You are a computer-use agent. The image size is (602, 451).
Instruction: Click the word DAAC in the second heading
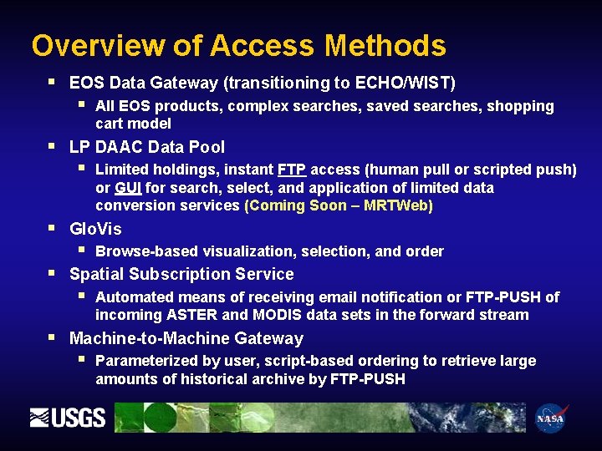tap(119, 147)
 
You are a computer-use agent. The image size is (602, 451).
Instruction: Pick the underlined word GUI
tap(128, 187)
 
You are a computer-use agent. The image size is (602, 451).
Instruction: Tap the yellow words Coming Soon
tap(295, 205)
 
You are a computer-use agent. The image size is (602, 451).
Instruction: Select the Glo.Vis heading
tap(95, 229)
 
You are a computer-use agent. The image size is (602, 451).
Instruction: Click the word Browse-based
tap(140, 251)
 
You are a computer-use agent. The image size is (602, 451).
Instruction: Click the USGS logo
tap(68, 418)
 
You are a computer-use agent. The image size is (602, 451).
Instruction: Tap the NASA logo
tap(550, 418)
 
